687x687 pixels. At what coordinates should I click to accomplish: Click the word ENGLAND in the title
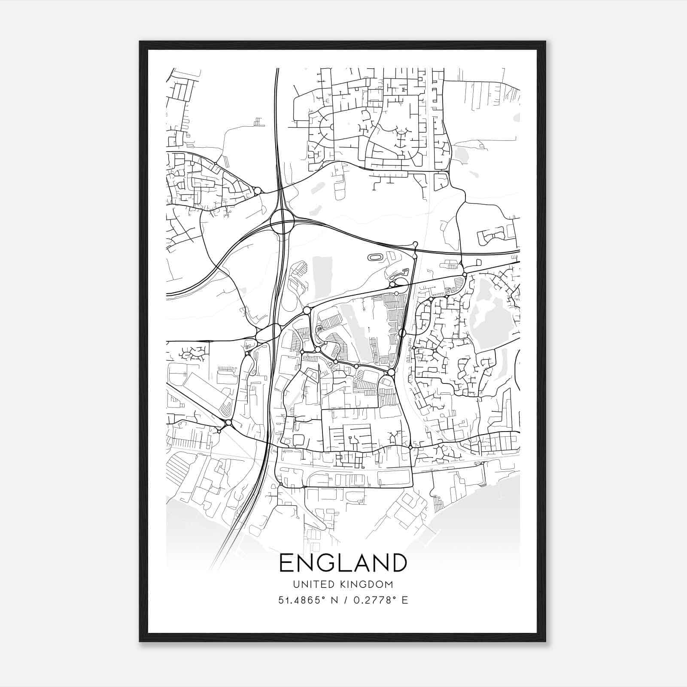coord(343,563)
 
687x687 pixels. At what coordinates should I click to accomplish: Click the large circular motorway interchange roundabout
coord(282,222)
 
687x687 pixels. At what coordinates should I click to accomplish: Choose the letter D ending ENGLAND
coord(398,563)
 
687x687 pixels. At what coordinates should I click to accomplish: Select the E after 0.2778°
coord(404,600)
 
